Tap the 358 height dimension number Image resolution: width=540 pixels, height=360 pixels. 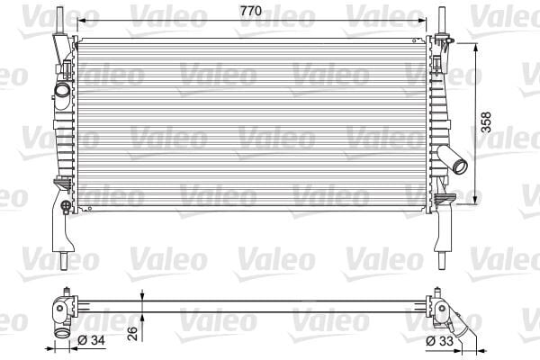487,121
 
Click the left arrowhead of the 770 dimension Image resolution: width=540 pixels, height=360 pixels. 80,19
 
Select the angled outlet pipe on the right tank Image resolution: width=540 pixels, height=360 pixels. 459,164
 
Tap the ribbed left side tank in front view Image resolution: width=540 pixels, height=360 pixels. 65,135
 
